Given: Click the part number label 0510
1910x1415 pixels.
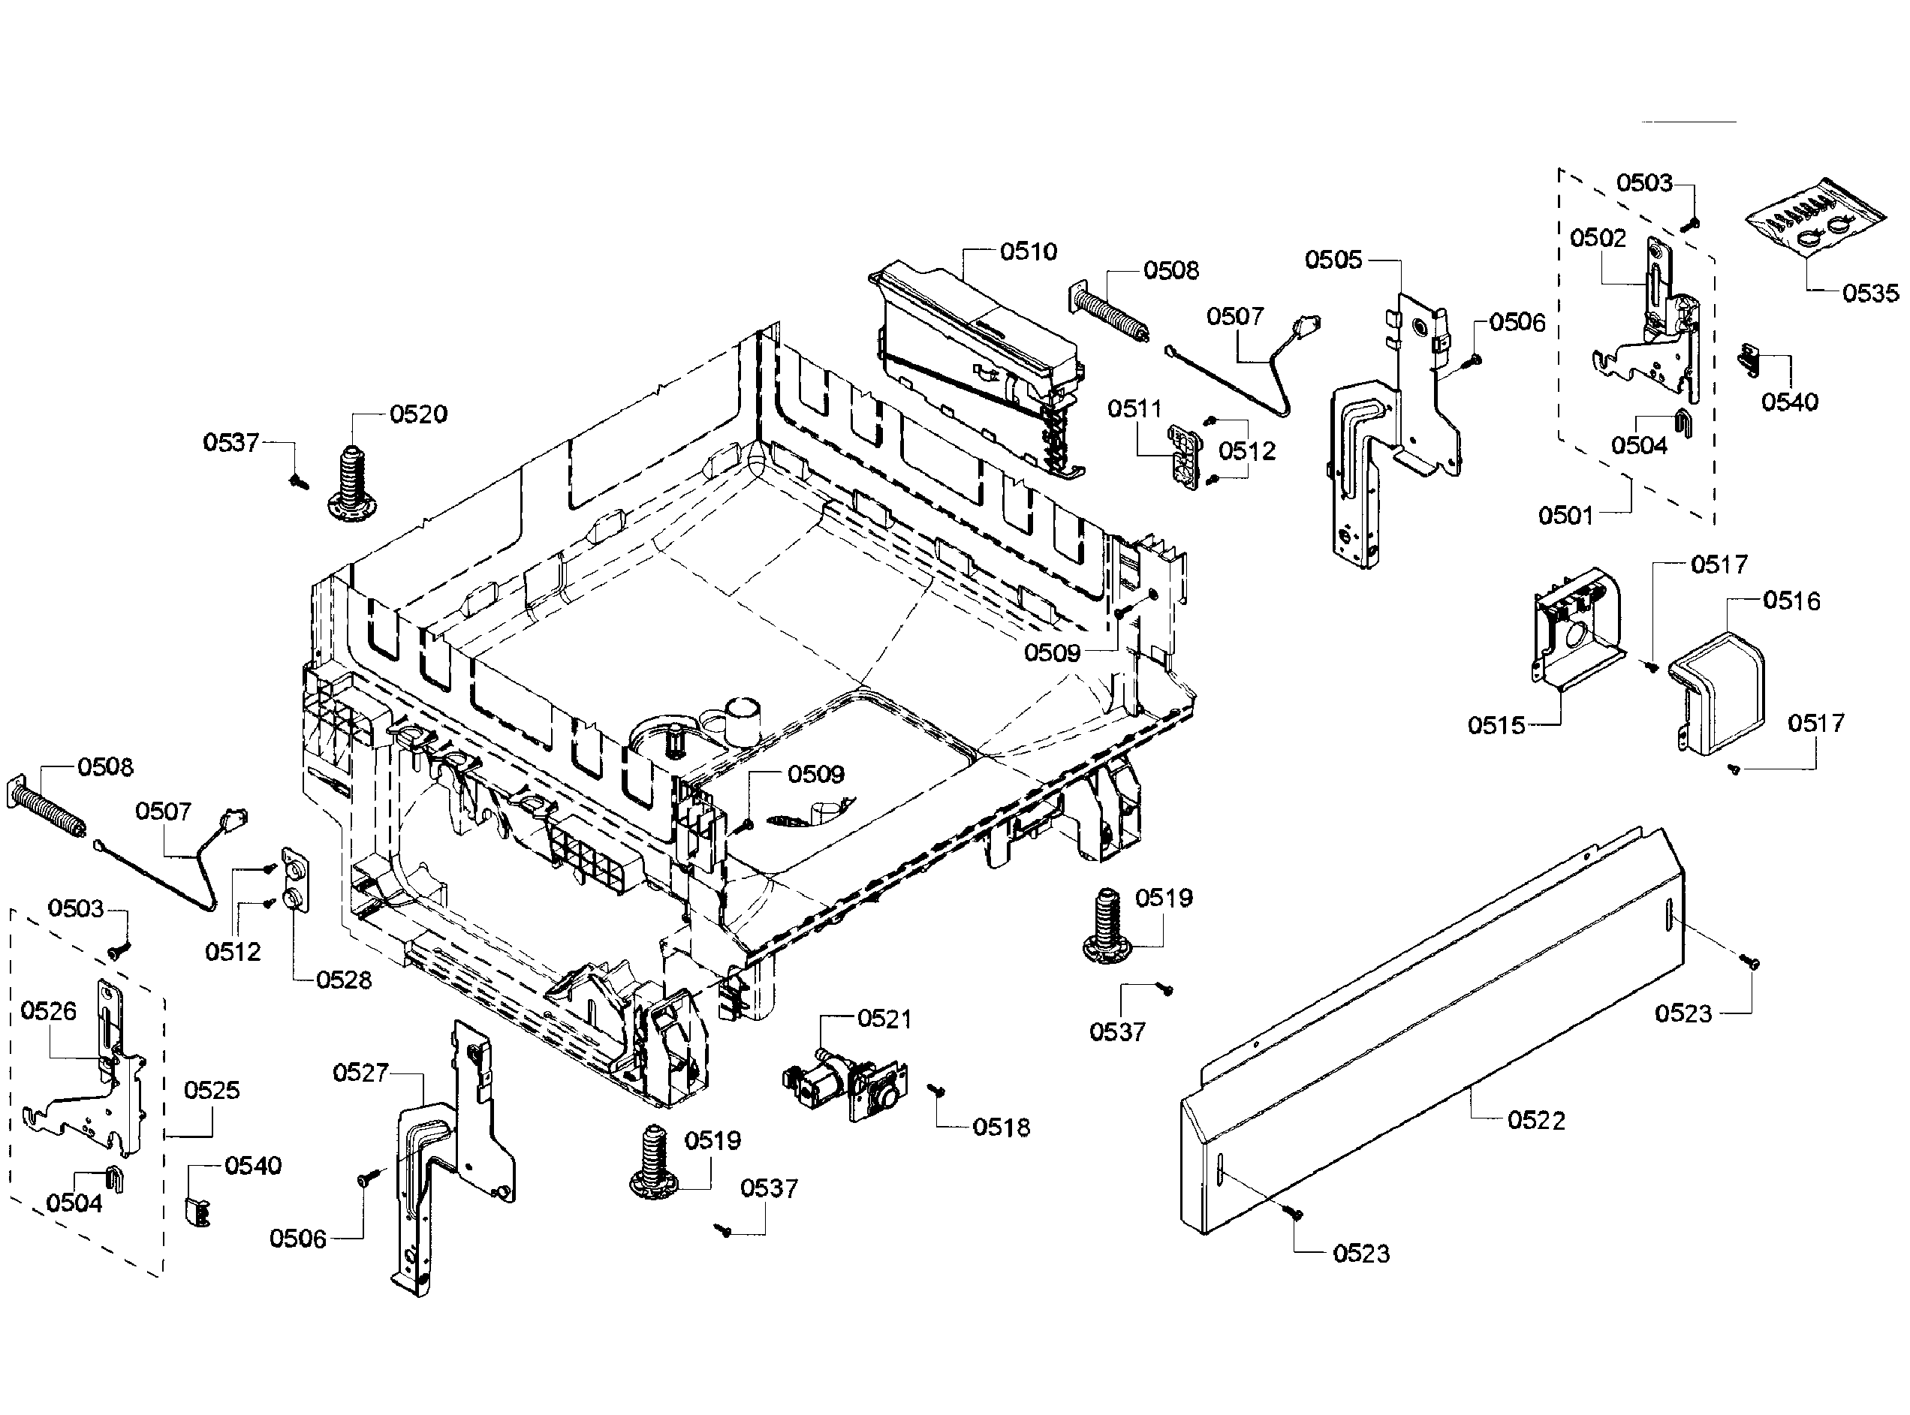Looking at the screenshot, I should click(x=1028, y=251).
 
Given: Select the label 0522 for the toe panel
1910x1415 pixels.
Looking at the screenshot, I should click(x=1535, y=1120).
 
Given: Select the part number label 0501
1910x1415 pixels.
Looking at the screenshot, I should click(x=1565, y=516).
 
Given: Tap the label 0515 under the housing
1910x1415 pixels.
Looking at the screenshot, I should click(x=1496, y=725).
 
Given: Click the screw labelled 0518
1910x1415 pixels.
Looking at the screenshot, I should click(x=936, y=1089).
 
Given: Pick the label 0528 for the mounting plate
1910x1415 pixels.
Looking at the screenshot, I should click(x=343, y=980).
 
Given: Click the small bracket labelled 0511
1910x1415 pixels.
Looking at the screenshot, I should click(x=1185, y=458).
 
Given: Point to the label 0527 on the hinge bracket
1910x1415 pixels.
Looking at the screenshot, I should click(x=360, y=1073).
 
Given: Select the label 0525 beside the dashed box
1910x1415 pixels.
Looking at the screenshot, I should click(x=212, y=1091).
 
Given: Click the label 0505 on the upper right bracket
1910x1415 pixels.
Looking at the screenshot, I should click(x=1333, y=260).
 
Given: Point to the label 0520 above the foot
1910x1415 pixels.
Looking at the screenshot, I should click(x=418, y=414).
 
